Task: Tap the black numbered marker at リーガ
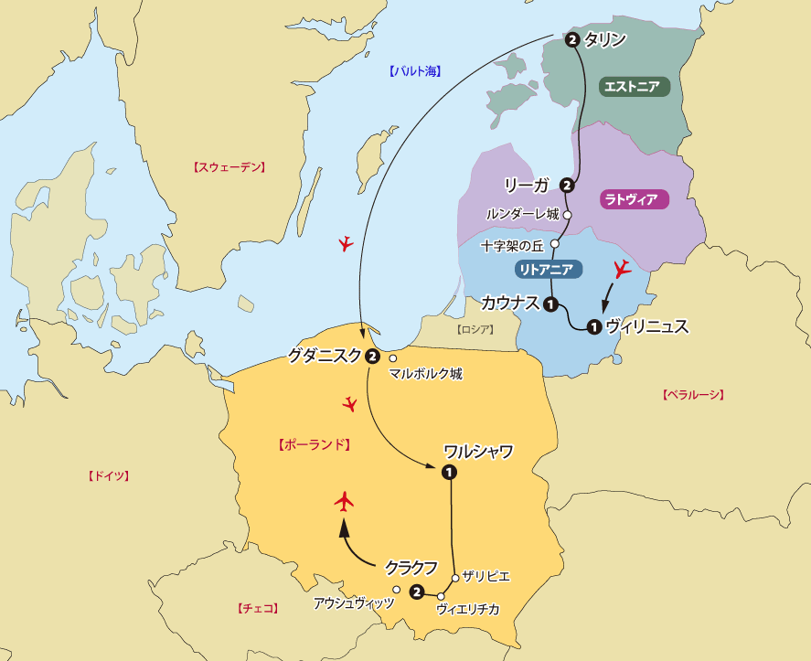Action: point(567,186)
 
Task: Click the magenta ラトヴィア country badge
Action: point(632,199)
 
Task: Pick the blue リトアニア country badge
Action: point(546,269)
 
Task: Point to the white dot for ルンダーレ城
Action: point(567,215)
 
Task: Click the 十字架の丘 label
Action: point(513,246)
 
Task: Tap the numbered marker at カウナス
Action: point(551,304)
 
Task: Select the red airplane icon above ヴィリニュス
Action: point(623,268)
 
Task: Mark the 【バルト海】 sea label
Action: point(414,70)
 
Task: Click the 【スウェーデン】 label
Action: point(229,167)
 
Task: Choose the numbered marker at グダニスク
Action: point(372,357)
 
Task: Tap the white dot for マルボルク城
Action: point(393,358)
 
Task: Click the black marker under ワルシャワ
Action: point(449,472)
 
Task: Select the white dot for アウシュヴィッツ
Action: point(396,590)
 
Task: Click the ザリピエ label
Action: point(486,576)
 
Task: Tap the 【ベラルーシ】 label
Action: point(692,395)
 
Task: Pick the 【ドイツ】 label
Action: point(109,476)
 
